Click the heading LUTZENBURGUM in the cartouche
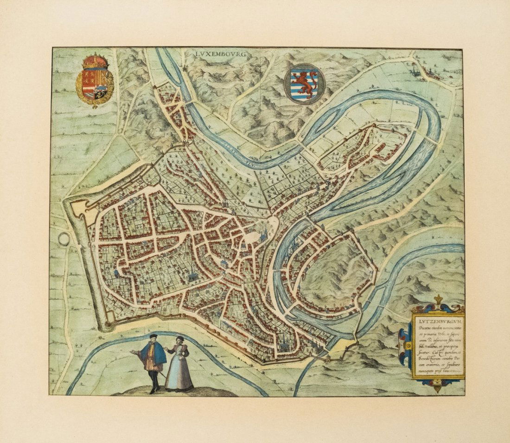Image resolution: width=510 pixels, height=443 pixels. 437,320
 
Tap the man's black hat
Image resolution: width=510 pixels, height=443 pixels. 153,336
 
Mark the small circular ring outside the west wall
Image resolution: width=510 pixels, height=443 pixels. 64,239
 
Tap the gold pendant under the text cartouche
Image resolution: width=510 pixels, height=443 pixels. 437,387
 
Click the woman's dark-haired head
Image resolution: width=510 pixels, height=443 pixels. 180,339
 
